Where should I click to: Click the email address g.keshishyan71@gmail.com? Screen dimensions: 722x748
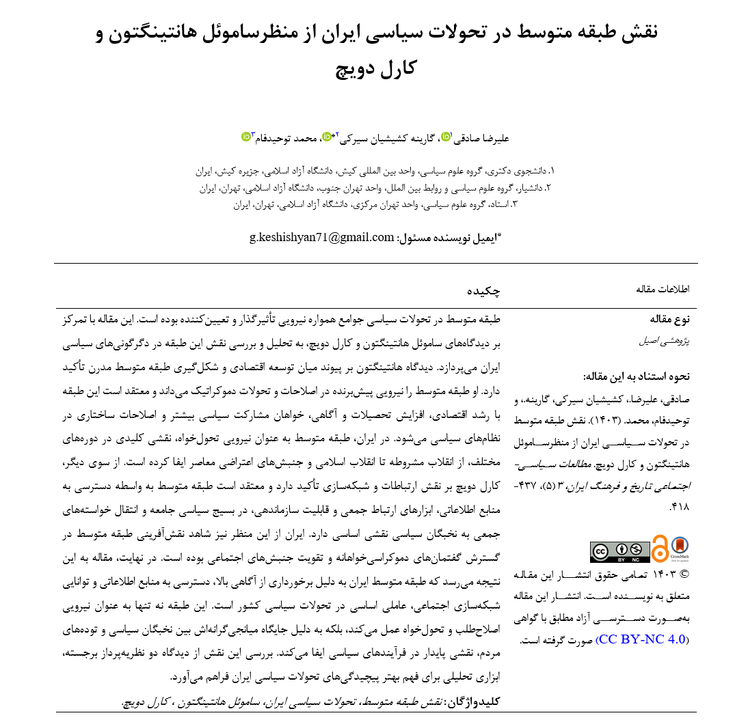[322, 238]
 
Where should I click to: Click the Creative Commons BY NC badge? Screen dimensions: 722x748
[619, 552]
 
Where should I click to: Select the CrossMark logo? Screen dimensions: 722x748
[680, 548]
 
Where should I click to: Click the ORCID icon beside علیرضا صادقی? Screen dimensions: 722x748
[446, 137]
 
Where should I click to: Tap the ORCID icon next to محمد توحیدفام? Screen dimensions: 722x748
[247, 137]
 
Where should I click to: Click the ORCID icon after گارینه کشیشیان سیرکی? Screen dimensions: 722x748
[328, 137]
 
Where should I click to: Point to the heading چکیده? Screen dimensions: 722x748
[484, 290]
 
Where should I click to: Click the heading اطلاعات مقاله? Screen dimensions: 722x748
[663, 289]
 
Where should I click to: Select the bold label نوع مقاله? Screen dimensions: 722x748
[670, 319]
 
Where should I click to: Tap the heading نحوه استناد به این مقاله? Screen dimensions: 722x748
[637, 376]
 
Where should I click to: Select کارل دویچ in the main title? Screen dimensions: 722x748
[377, 68]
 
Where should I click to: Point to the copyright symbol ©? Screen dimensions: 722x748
[683, 574]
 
